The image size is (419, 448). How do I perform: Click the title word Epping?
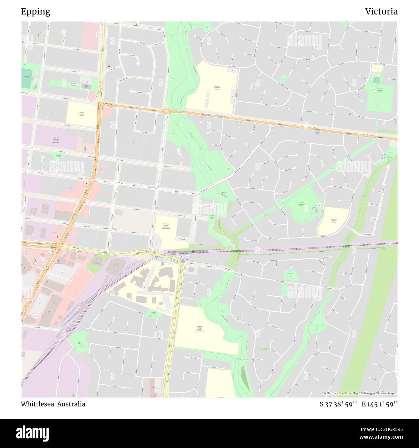point(35,12)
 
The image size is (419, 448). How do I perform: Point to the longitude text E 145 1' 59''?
point(380,404)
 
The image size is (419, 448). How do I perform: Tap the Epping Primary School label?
point(81,114)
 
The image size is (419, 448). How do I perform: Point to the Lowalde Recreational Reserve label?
point(301,204)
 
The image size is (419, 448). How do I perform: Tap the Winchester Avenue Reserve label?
point(379,91)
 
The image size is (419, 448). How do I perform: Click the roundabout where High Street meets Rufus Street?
point(93,180)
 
